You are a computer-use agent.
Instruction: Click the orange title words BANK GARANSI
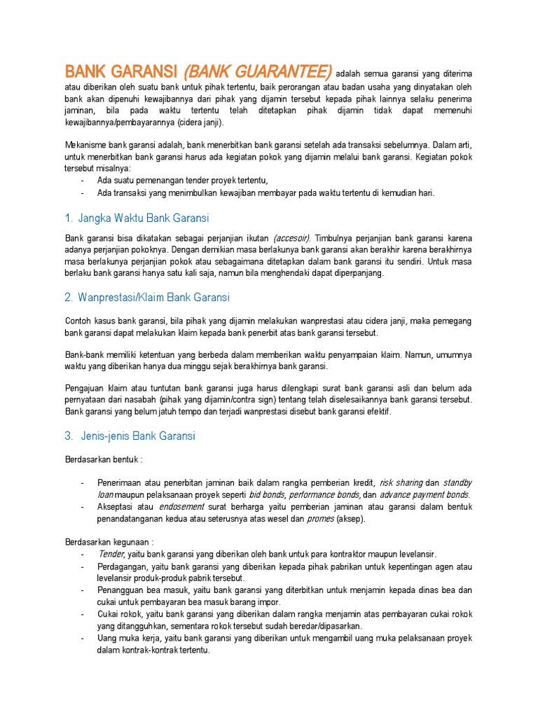[x=122, y=72]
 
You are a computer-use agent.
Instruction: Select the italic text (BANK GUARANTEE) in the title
[x=257, y=72]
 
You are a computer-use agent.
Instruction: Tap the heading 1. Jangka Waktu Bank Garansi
[x=137, y=218]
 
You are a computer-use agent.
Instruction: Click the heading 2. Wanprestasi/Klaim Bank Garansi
[x=147, y=298]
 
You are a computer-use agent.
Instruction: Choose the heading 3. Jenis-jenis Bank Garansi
[x=130, y=436]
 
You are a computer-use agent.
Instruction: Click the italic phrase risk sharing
[x=401, y=483]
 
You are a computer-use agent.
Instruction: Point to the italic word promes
[x=321, y=519]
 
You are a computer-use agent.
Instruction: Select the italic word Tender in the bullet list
[x=111, y=554]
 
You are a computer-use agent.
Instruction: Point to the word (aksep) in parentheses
[x=350, y=519]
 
